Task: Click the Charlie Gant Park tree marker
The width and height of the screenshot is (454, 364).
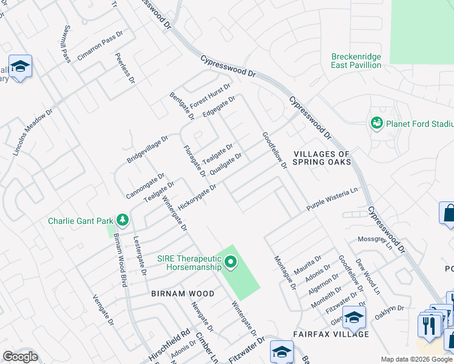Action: coord(123,219)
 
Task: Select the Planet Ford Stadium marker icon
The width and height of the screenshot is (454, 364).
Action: coord(376,124)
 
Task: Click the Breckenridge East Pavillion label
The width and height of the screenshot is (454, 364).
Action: coord(356,61)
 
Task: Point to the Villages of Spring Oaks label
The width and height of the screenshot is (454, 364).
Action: coord(322,158)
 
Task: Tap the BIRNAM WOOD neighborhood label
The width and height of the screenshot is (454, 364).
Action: coord(183,294)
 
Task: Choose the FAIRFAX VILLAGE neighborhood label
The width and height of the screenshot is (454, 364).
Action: coord(331,334)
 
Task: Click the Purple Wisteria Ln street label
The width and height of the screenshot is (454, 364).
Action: coord(331,199)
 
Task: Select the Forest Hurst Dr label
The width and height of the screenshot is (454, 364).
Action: coord(209,96)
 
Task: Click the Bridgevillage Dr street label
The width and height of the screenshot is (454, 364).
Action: coord(147,149)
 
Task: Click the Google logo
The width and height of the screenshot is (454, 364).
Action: coord(20,357)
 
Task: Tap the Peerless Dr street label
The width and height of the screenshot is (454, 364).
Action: coord(124,67)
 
